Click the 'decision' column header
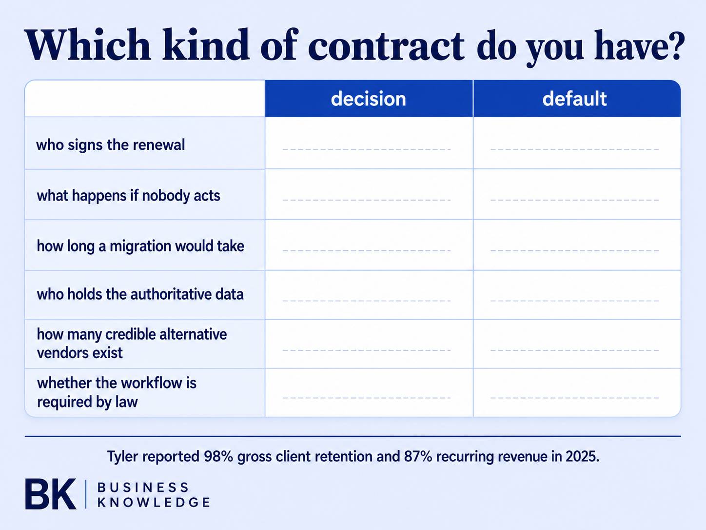pos(369,99)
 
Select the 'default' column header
pos(574,99)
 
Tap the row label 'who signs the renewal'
pos(110,145)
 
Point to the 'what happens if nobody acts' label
pos(128,196)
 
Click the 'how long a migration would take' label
pos(140,246)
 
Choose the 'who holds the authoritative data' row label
pos(140,294)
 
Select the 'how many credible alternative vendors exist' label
pos(132,344)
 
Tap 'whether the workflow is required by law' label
pos(117,392)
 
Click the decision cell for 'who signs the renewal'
pos(369,143)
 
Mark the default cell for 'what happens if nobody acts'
pos(577,194)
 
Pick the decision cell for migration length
pos(369,245)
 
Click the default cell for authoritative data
pos(577,295)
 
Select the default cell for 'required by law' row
pos(577,392)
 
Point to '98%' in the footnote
pos(218,456)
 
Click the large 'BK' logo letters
pos(51,494)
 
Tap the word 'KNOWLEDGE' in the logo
pos(154,502)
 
